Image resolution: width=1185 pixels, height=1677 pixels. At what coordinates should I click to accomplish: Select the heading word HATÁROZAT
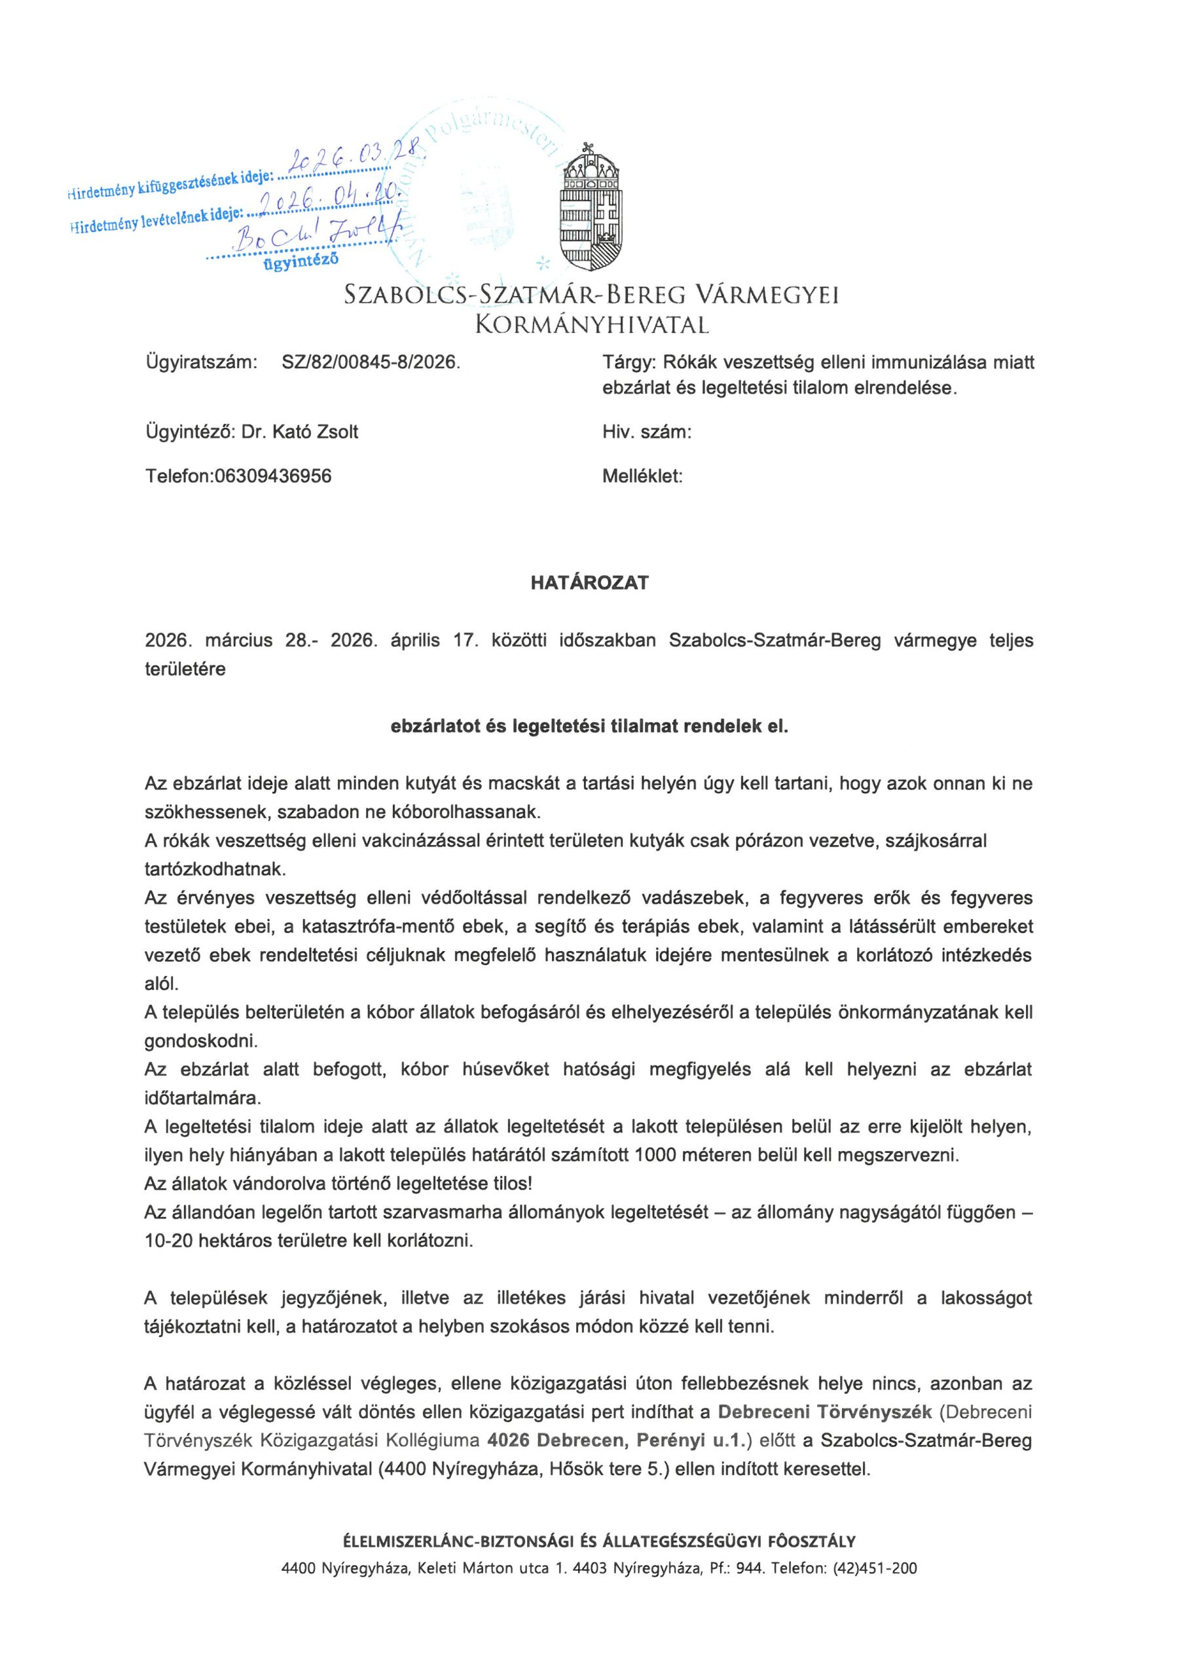point(589,584)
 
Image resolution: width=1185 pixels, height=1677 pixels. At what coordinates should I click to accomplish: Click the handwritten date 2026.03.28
point(348,158)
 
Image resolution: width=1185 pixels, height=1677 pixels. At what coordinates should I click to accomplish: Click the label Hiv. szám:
point(647,432)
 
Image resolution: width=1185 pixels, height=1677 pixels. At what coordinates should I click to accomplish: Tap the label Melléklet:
point(642,476)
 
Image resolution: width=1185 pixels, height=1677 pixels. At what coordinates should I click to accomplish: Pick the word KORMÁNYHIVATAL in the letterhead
point(591,324)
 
